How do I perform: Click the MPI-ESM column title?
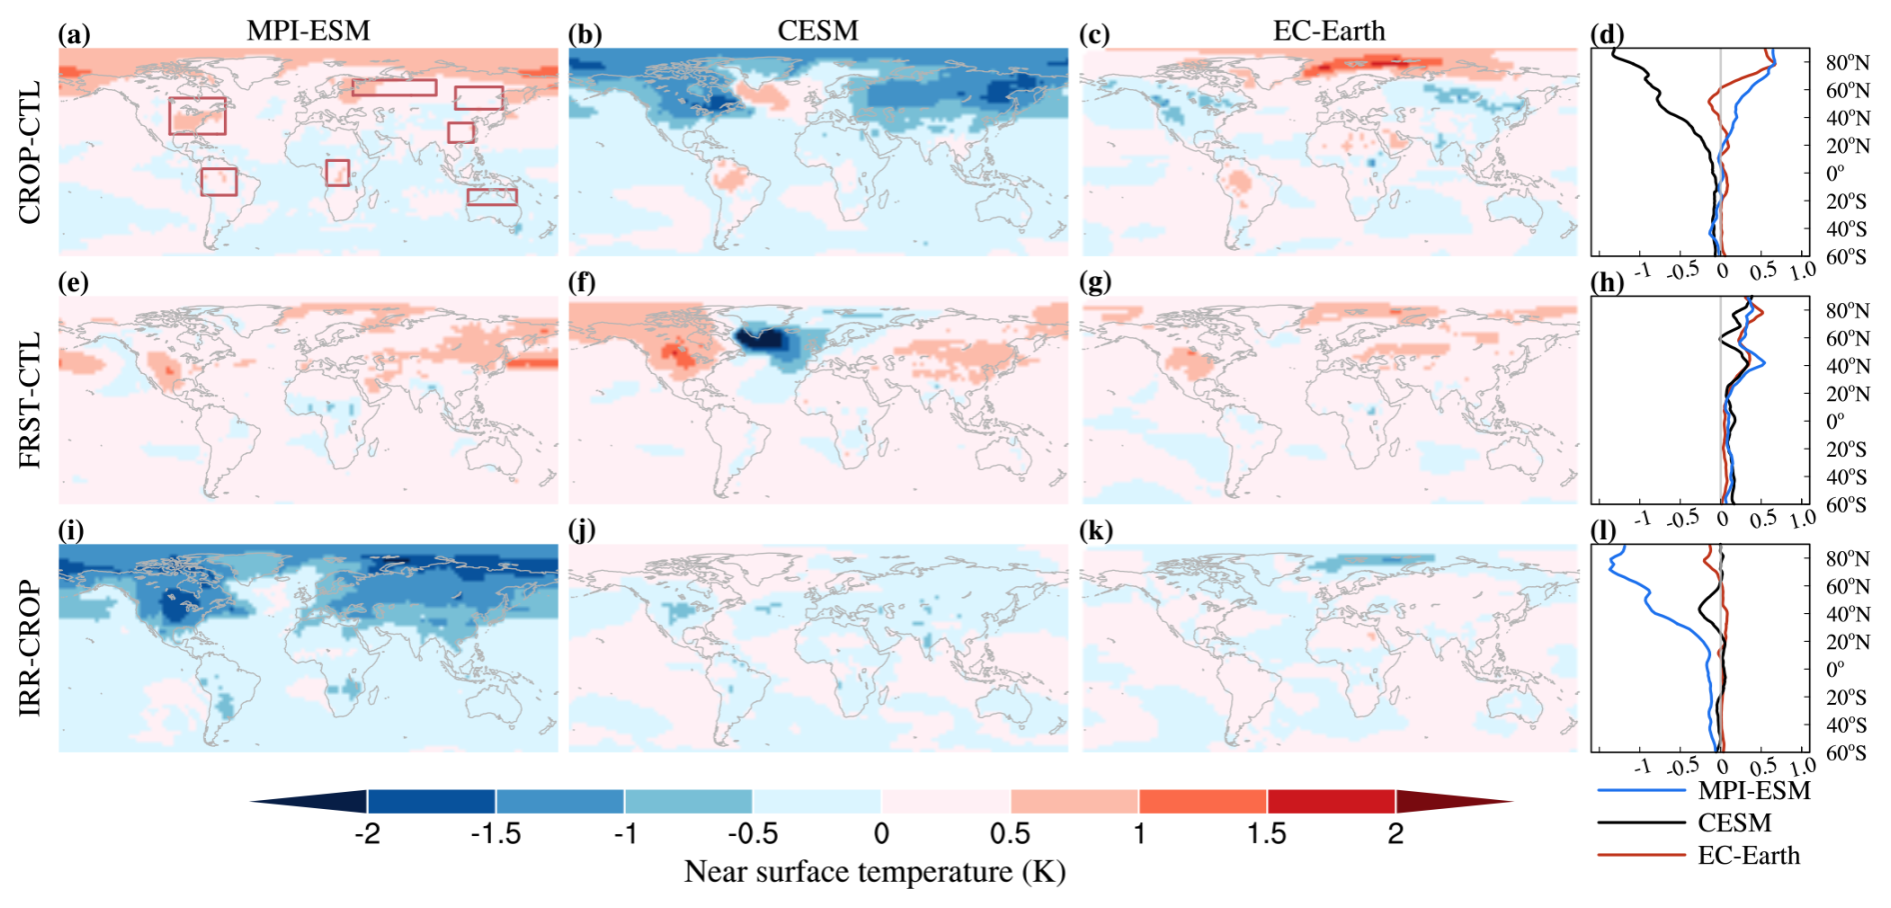click(308, 31)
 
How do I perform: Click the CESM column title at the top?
click(818, 31)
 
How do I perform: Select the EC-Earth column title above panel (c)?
click(1328, 31)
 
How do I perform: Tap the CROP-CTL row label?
click(30, 152)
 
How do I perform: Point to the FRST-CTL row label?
click(30, 400)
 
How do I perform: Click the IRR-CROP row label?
click(30, 648)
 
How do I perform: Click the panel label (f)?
click(583, 282)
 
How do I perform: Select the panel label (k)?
click(1095, 530)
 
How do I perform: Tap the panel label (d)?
click(1606, 35)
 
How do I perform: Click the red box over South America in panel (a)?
click(219, 181)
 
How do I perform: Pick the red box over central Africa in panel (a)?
click(338, 172)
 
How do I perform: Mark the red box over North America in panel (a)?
click(197, 116)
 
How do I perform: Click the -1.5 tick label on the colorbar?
click(496, 834)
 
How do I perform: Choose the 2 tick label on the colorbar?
click(1395, 834)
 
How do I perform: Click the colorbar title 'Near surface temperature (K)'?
click(875, 872)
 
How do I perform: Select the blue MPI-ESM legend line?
click(1641, 791)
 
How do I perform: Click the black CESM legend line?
click(1641, 823)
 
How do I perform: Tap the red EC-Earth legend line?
click(1641, 855)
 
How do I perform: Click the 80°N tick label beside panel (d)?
click(1847, 62)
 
